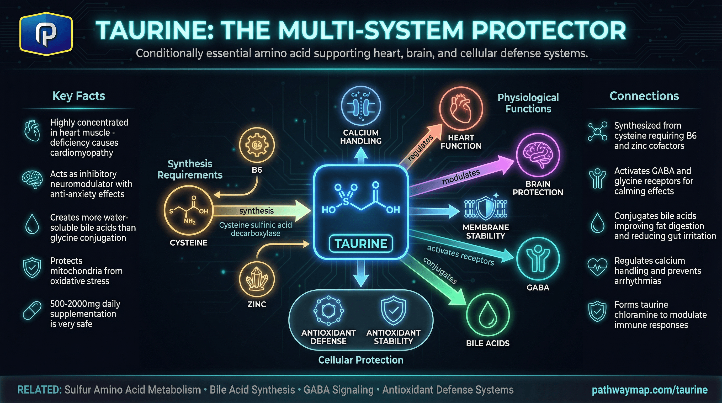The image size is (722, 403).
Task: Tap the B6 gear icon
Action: point(257,145)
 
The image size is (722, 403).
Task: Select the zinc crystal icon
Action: point(257,279)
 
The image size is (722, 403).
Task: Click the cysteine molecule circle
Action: point(188,210)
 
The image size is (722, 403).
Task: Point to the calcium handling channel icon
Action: point(361,105)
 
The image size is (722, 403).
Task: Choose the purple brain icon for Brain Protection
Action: point(538,155)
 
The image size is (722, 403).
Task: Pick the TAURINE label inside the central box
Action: point(361,243)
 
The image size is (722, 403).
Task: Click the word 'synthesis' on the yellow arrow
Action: point(257,211)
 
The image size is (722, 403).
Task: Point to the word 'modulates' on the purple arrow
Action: point(461,177)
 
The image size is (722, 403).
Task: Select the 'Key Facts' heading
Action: point(78,96)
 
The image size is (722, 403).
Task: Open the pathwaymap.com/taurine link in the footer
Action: point(649,390)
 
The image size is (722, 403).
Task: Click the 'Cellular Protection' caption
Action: point(361,360)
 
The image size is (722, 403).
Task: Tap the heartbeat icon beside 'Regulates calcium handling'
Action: point(597,267)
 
